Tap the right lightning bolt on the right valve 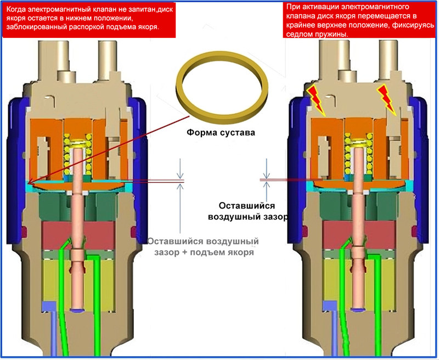point(387,100)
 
